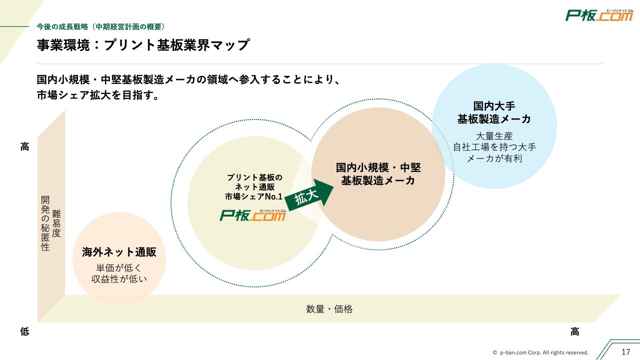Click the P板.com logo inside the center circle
coord(253,215)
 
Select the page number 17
coord(625,351)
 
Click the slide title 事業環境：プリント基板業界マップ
coord(143,45)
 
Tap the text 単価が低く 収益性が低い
coord(119,273)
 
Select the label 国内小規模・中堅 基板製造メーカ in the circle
coord(378,174)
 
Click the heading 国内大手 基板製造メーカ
coord(494,112)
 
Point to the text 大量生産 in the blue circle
coord(494,136)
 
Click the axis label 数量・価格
coord(329,309)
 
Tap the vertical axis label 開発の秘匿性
coord(45,223)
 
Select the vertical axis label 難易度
coord(56,223)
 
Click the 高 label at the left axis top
coord(24,147)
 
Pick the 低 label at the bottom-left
coord(24,331)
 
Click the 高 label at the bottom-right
coord(575,331)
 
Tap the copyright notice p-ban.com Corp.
coord(540,352)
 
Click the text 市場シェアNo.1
coord(254,196)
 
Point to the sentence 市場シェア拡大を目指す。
coord(98,95)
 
